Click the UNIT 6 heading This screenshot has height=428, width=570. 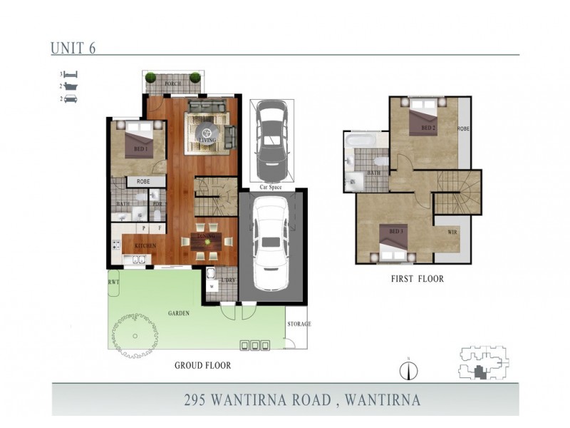pos(73,49)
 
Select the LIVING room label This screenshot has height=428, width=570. pos(207,141)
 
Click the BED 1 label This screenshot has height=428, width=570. pos(140,150)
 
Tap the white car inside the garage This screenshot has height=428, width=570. pos(271,243)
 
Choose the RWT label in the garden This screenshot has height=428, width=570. pos(113,282)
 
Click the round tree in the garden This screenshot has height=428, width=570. pos(132,333)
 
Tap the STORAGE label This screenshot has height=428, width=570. pos(299,324)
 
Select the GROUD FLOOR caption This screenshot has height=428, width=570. pos(203,365)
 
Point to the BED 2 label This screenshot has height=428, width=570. pos(427,128)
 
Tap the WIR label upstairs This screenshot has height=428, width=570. pos(451,232)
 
